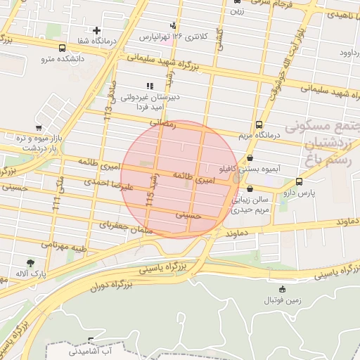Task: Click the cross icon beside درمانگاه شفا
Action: click(97, 31)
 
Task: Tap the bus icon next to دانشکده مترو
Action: click(63, 49)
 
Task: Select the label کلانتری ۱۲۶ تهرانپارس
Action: click(173, 36)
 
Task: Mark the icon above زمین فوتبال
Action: click(283, 289)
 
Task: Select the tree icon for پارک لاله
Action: click(29, 262)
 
